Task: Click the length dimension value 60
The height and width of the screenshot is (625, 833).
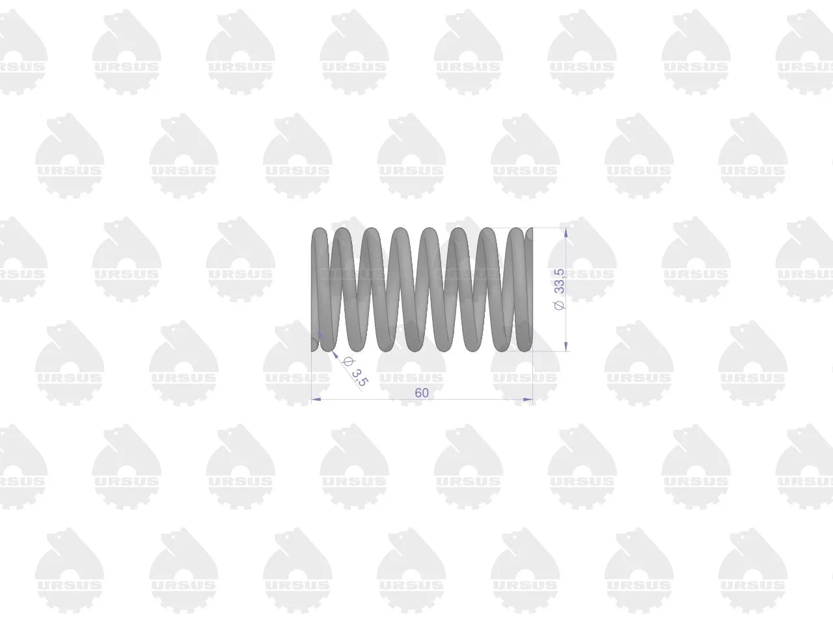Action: tap(422, 393)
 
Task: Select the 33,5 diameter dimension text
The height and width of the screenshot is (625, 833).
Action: tap(560, 281)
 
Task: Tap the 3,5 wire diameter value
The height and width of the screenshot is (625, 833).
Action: tap(359, 378)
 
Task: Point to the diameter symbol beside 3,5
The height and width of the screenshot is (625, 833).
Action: tap(346, 361)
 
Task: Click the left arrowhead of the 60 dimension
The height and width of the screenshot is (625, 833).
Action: tap(316, 399)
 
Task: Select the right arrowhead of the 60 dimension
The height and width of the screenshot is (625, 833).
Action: tap(528, 399)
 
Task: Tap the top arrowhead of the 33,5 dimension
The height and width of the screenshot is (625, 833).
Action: tap(566, 232)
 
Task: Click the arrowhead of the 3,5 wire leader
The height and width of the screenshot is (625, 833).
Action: tap(335, 354)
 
